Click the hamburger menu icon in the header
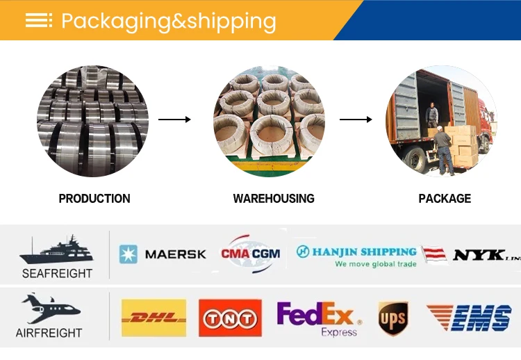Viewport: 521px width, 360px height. click(39, 20)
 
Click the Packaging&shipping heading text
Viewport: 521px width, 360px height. click(168, 21)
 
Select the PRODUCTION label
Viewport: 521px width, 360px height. click(94, 199)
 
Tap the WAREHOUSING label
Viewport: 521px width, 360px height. click(274, 199)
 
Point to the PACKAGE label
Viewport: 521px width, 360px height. click(445, 199)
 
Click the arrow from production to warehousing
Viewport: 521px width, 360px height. click(174, 120)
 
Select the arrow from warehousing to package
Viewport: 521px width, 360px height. click(355, 120)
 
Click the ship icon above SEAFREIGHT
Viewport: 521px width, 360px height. click(56, 249)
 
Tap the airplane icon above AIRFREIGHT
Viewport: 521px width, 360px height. click(50, 309)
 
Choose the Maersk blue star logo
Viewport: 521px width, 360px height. click(129, 254)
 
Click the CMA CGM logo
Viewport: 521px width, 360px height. click(250, 253)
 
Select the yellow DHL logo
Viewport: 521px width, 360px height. click(154, 318)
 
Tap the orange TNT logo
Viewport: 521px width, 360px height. click(230, 318)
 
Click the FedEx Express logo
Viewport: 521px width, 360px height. click(319, 318)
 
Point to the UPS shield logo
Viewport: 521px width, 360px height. click(392, 319)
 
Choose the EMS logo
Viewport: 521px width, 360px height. click(469, 318)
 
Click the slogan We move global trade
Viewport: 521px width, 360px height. click(375, 264)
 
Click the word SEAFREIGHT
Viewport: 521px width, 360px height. click(57, 273)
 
